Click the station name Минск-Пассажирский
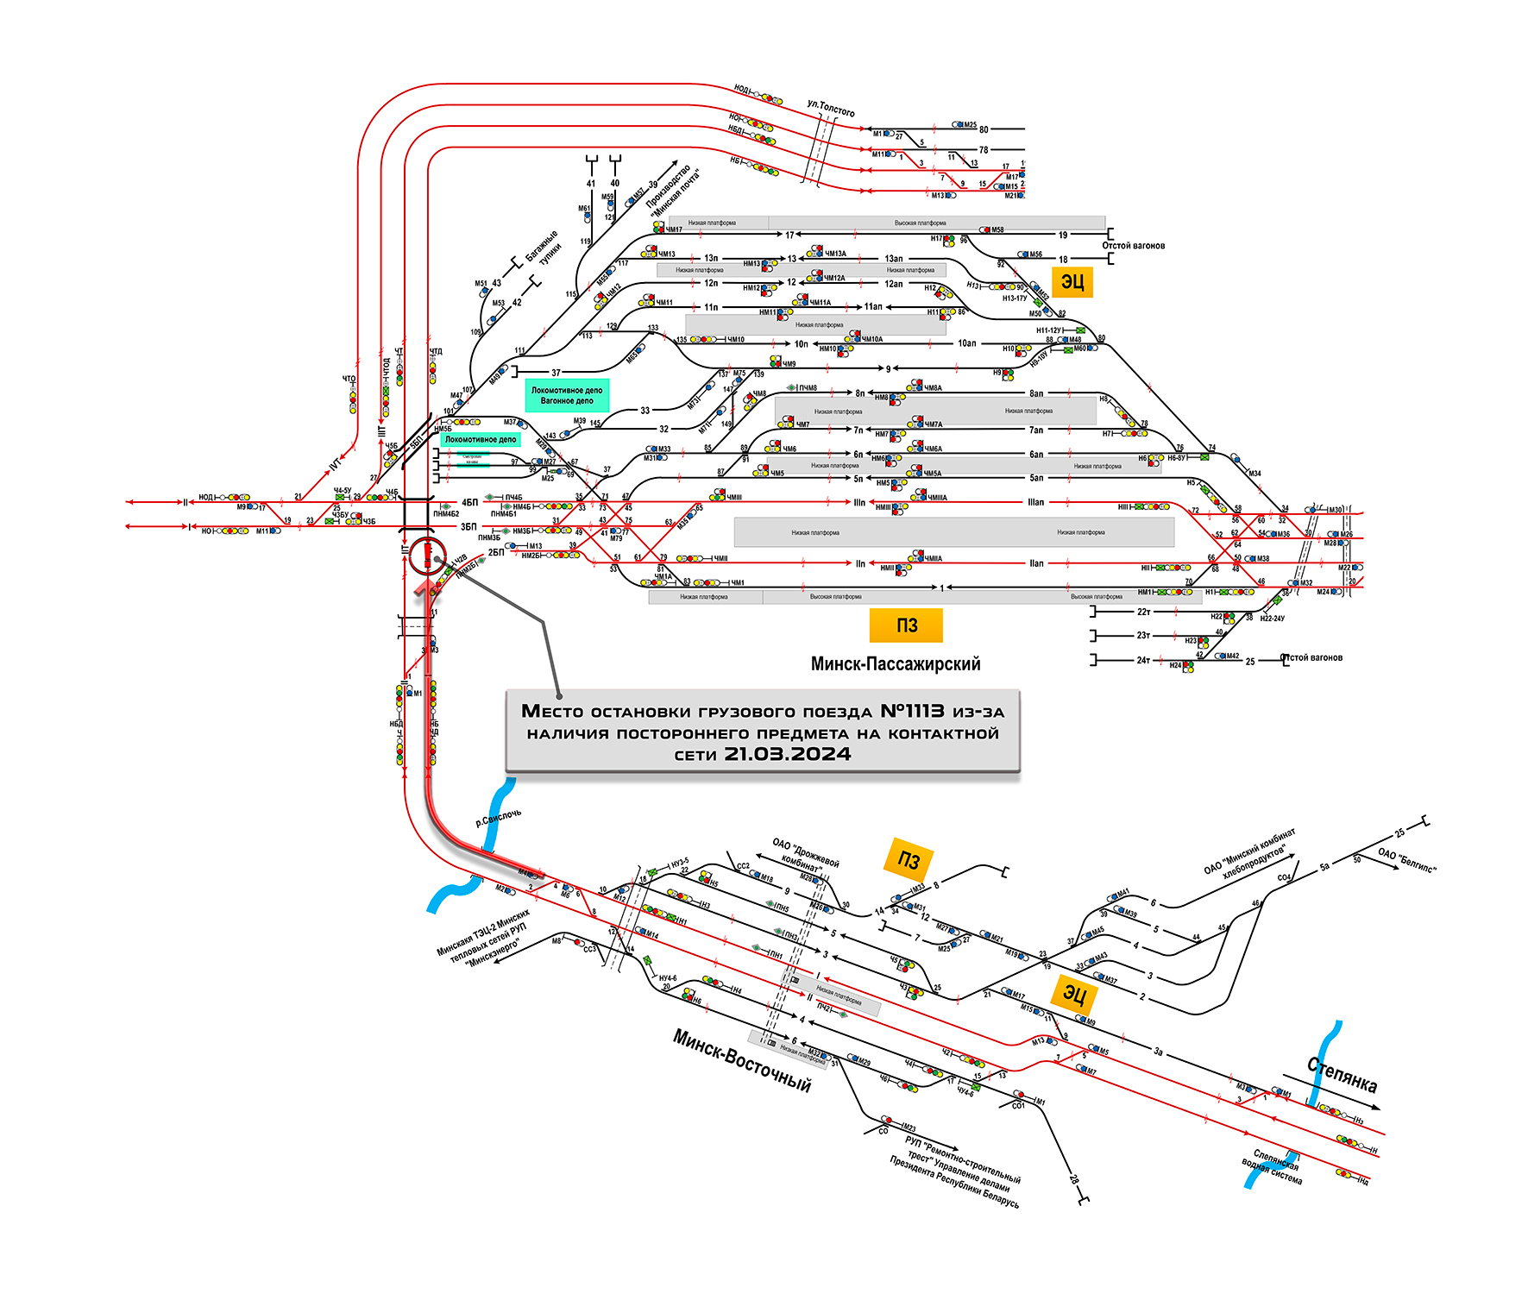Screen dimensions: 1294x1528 (896, 664)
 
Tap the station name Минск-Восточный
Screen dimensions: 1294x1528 (742, 1061)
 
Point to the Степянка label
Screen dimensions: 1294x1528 (1342, 1075)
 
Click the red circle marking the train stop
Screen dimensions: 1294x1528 (427, 556)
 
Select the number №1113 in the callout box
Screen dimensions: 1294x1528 (912, 711)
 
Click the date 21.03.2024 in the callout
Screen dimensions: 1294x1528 (787, 754)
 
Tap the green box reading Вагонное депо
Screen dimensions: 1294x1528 (567, 395)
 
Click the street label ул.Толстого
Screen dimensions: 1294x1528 (831, 109)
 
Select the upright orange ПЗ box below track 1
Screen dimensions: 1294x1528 (906, 625)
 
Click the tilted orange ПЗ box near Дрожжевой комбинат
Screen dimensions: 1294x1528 (909, 859)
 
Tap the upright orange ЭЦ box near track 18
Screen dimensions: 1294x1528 (1072, 282)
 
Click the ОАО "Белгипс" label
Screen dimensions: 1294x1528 (1407, 860)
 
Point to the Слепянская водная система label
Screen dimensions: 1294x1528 (1273, 1166)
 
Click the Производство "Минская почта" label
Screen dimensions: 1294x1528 (673, 190)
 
